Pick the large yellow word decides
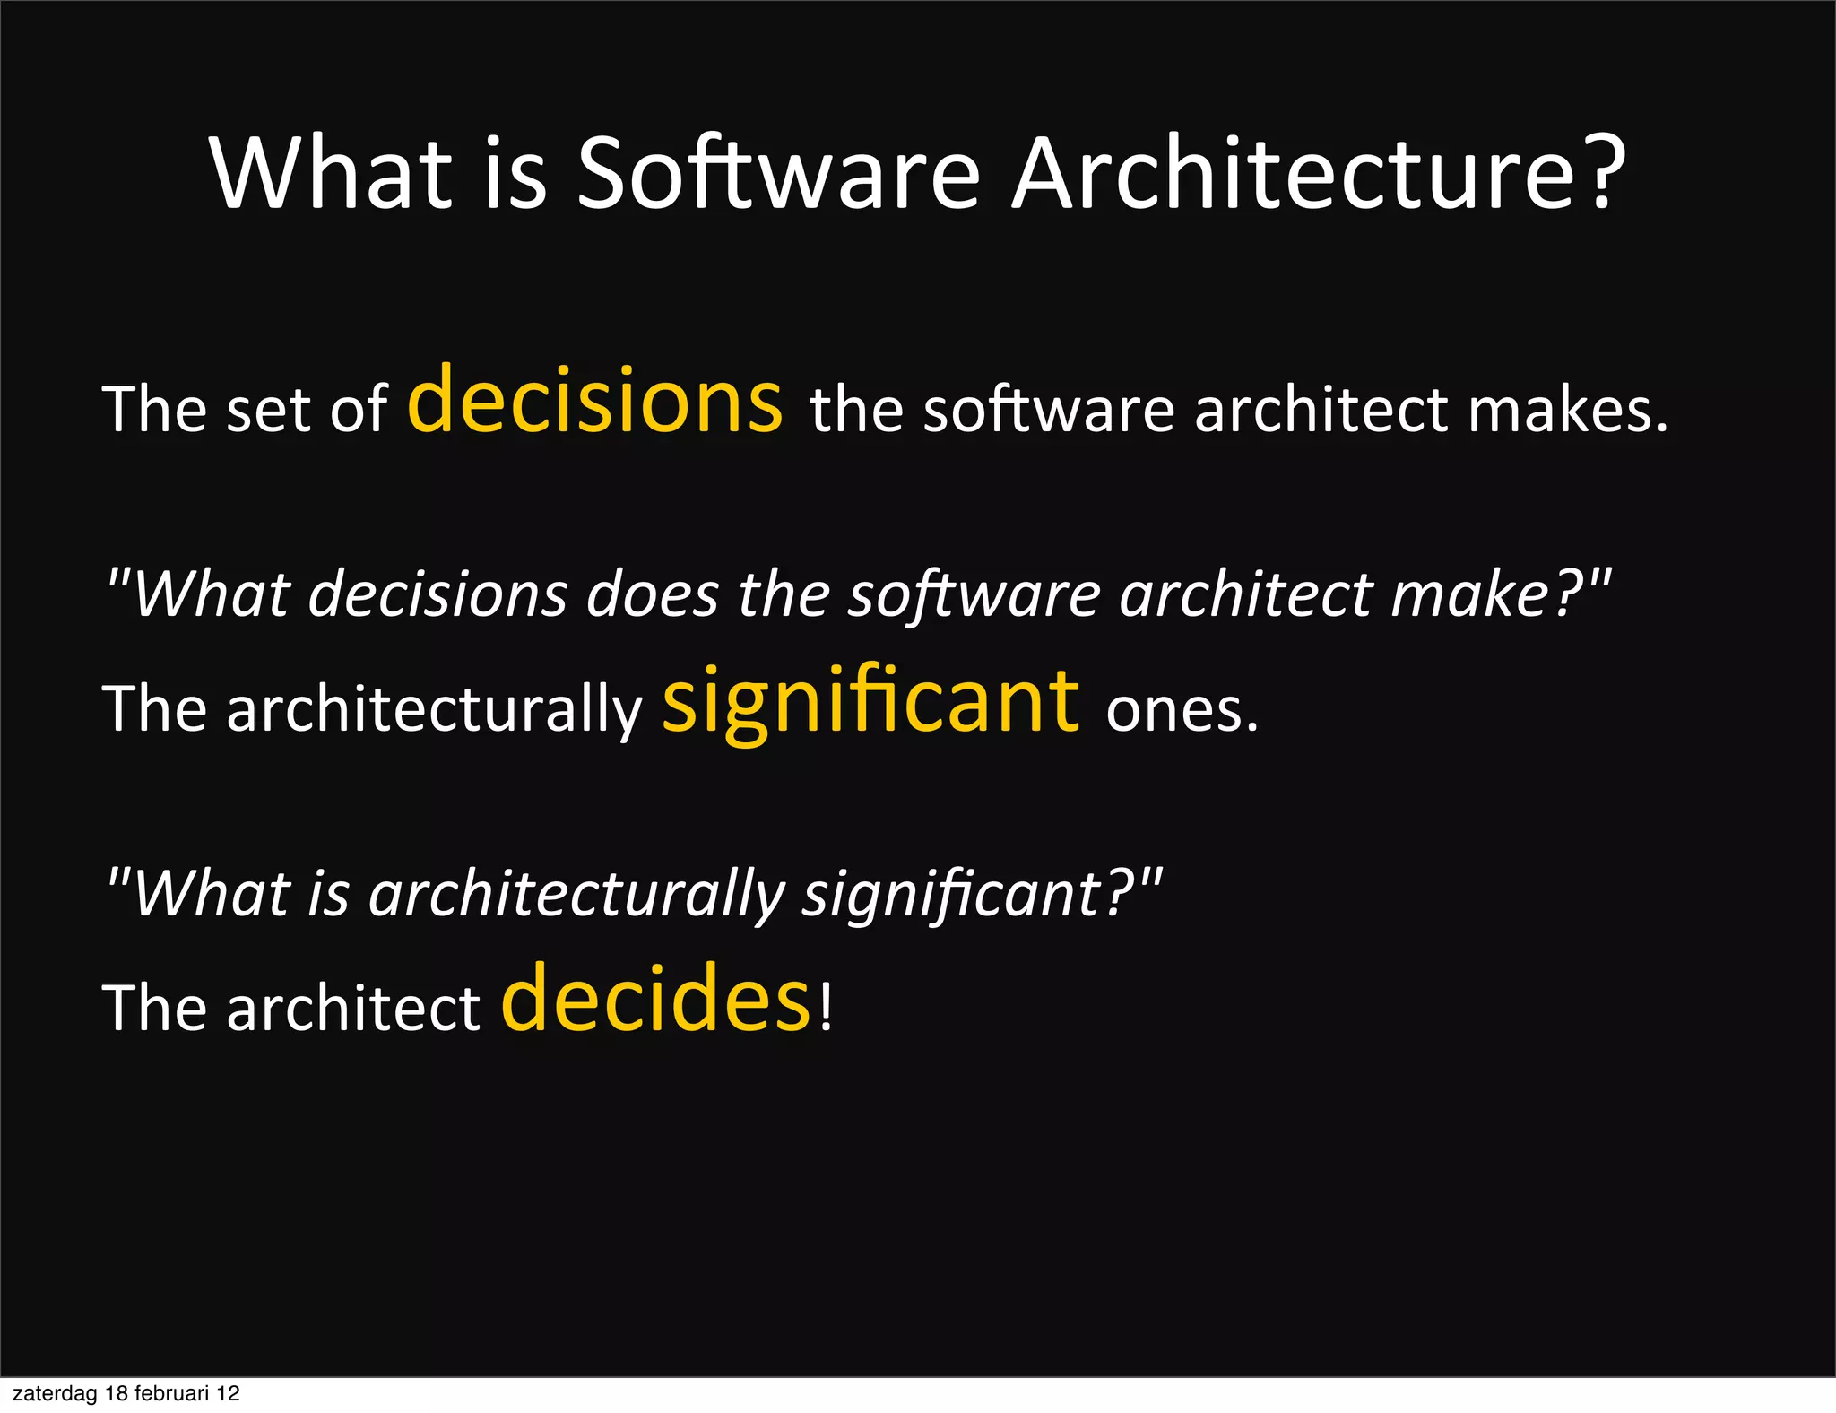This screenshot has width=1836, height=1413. click(x=655, y=1000)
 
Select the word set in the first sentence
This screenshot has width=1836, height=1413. click(x=268, y=411)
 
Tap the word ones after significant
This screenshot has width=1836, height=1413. click(x=1182, y=711)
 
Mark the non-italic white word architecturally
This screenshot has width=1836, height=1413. click(x=434, y=711)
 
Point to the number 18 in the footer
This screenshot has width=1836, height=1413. click(x=117, y=1393)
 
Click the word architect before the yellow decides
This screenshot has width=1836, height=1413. click(x=353, y=1009)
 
